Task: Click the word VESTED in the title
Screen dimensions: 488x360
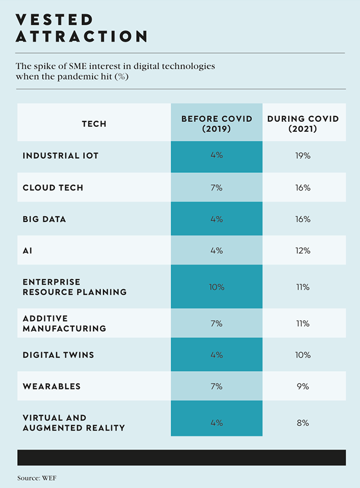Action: click(x=54, y=19)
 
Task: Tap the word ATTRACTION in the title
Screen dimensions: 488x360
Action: click(x=81, y=37)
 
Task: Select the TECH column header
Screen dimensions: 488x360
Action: click(x=94, y=124)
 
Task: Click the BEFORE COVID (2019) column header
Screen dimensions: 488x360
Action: click(x=217, y=124)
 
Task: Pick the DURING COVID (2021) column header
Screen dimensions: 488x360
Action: click(x=303, y=124)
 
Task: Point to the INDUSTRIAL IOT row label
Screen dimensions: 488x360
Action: click(x=60, y=156)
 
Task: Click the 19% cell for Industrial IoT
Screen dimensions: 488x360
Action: click(x=303, y=156)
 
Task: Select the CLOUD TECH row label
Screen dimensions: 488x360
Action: click(x=53, y=187)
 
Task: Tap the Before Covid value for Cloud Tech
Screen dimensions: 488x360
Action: click(x=217, y=187)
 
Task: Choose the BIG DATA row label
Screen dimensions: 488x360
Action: click(x=44, y=219)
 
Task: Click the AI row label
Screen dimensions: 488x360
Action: click(x=28, y=250)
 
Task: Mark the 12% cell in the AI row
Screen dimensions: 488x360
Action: click(x=303, y=250)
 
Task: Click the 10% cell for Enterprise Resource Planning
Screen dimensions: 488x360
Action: click(x=217, y=287)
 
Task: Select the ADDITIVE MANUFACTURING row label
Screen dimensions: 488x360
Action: click(x=64, y=323)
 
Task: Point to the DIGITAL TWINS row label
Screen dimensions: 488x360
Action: click(x=58, y=355)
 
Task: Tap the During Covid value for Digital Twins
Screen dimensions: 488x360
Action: click(x=303, y=355)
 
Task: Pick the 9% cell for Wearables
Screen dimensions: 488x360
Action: click(x=303, y=386)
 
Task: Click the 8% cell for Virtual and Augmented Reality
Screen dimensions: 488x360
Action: click(x=303, y=423)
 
